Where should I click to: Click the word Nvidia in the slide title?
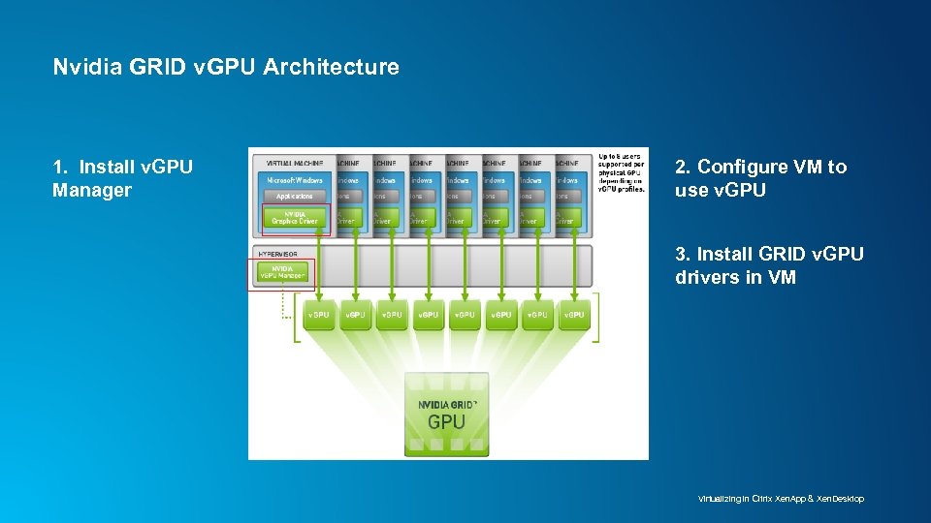[81, 67]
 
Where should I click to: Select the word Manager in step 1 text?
[91, 190]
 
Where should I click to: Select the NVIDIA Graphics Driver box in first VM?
[295, 218]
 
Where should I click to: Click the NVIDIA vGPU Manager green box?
[281, 273]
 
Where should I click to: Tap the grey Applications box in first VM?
[295, 197]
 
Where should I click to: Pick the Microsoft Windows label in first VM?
[295, 180]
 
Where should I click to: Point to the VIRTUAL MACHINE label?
[291, 163]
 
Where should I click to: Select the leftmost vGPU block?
[318, 315]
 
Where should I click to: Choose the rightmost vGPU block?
[574, 315]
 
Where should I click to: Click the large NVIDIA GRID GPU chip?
[446, 414]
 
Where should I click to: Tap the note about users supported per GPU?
[622, 171]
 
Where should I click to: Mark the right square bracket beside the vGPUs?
[595, 318]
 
